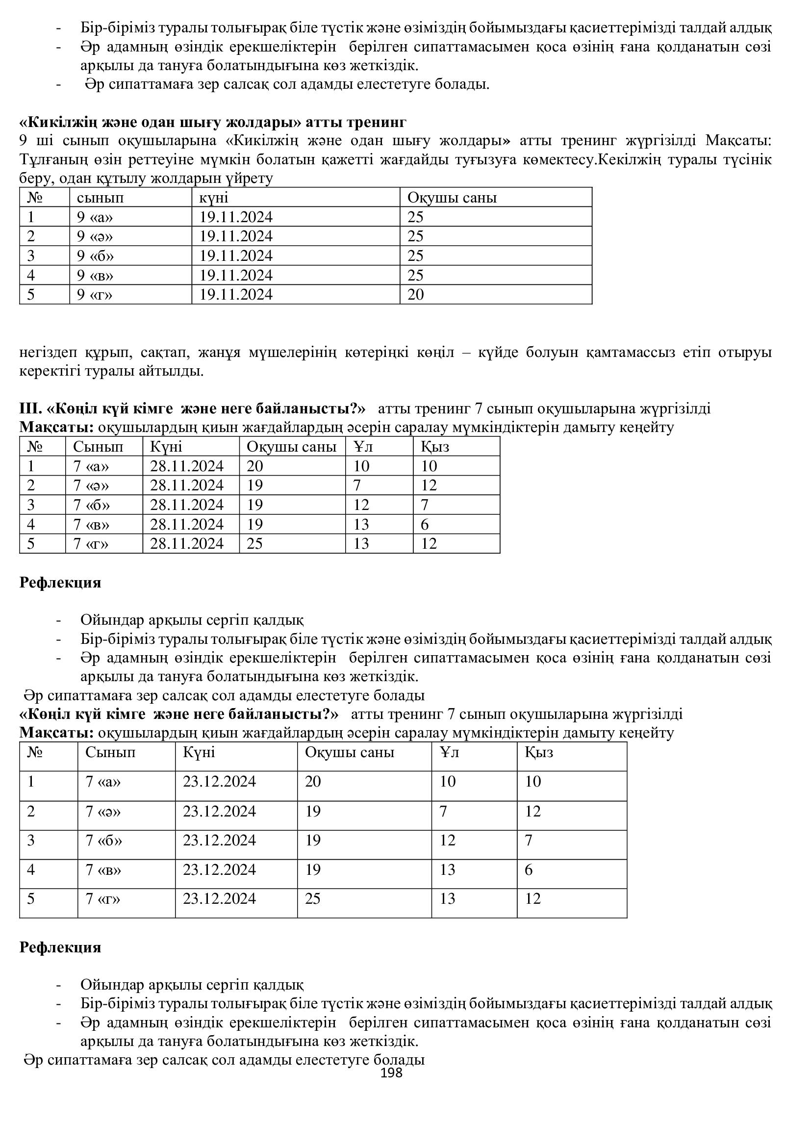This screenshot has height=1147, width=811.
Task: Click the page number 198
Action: [391, 1073]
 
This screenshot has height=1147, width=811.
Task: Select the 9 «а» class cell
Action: [95, 217]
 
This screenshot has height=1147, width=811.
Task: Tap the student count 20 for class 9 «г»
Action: [415, 295]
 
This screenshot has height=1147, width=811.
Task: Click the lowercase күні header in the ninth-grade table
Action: [214, 198]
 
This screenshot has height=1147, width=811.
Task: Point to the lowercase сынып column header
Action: [100, 198]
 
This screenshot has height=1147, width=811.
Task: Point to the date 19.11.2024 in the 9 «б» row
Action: [236, 256]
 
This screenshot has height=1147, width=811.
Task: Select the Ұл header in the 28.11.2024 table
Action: [363, 447]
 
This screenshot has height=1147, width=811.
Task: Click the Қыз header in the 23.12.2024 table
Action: [539, 752]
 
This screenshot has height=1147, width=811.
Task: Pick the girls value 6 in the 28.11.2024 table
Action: [425, 525]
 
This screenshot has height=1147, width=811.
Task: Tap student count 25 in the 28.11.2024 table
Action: [254, 543]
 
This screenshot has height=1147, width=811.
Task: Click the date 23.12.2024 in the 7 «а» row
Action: [219, 782]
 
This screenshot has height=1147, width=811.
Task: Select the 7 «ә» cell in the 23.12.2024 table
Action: [103, 811]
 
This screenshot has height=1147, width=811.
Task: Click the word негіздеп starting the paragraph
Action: [46, 353]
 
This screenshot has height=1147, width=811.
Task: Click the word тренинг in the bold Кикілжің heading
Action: [378, 122]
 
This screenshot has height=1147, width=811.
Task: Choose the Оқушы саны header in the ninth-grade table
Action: [452, 198]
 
